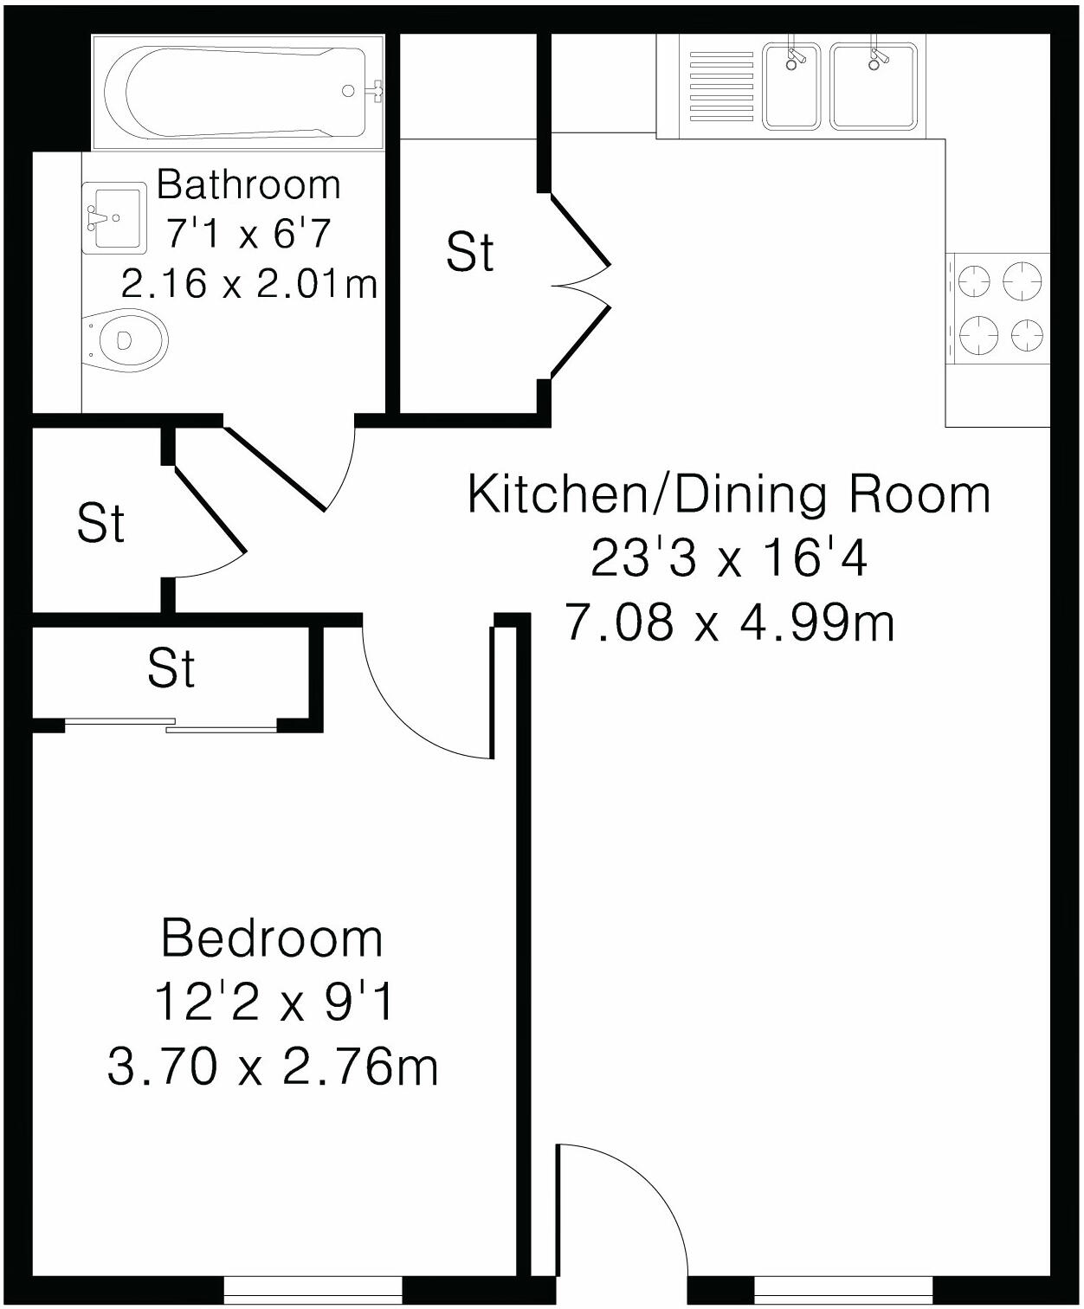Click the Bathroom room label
pos(248,185)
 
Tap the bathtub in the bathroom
pos(238,92)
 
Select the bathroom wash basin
pos(114,217)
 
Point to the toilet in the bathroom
pos(125,340)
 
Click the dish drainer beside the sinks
pos(721,87)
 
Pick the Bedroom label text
pos(272,938)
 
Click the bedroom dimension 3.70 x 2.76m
pos(272,1067)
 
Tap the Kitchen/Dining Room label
pos(728,495)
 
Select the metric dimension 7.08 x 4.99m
pos(730,622)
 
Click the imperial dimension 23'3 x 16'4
pos(728,558)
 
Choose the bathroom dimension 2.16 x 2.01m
pos(248,283)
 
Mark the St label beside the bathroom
pos(469,252)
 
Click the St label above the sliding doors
pos(171,669)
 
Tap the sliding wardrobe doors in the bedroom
pos(171,725)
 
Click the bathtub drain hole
pos(348,92)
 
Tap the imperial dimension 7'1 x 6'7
pos(248,234)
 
